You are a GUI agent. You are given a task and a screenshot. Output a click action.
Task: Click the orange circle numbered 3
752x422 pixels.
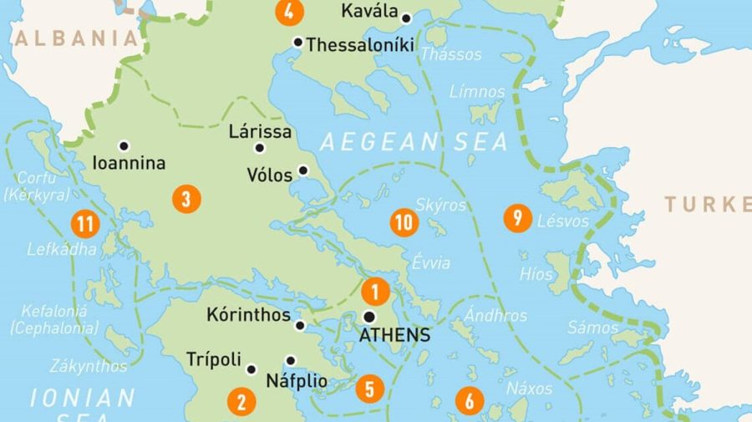pos(186,200)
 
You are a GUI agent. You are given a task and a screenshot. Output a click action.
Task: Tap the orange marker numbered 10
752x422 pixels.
pos(404,222)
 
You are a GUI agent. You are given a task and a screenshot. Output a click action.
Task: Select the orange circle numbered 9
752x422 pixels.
pos(518,219)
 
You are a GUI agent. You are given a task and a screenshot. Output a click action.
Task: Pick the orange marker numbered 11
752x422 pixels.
pos(84,223)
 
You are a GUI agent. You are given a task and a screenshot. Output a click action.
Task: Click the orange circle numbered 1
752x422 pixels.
pos(375,291)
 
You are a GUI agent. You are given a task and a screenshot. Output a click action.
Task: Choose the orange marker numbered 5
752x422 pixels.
pos(368,389)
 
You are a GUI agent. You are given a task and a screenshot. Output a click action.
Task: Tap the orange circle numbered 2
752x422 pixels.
pos(241,402)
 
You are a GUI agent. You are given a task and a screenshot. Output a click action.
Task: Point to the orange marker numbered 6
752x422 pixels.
pos(469,401)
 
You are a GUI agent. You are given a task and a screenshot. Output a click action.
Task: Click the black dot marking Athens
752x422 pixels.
pos(368,317)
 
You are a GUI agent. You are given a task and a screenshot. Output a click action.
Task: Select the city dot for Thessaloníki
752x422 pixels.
pos(297,42)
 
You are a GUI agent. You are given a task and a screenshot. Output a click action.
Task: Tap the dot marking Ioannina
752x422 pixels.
pos(124,145)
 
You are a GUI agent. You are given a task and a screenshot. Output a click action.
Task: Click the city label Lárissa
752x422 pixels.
pos(260,132)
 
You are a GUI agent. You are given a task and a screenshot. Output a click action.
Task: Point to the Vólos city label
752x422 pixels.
pos(270,175)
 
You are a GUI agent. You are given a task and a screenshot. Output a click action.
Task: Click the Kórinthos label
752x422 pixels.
pos(247,316)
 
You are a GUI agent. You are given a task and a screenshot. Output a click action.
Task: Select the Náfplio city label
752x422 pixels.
pos(296,382)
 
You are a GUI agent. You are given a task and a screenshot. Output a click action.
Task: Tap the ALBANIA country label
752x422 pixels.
pos(75,38)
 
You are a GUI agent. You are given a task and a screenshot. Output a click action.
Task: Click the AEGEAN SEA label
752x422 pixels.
pos(414,142)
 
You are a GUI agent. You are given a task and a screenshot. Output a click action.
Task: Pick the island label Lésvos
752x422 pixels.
pos(563,221)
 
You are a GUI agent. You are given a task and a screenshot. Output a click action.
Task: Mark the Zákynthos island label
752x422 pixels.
pos(89,366)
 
